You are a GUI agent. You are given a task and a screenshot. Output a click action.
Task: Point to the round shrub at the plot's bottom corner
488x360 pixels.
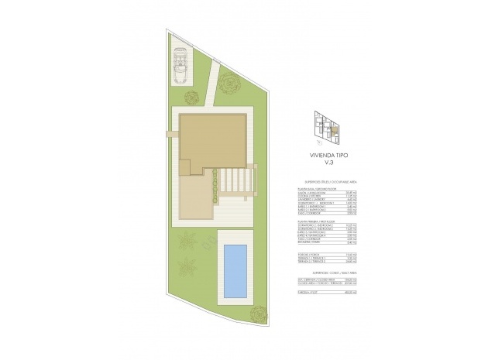pos(257,314)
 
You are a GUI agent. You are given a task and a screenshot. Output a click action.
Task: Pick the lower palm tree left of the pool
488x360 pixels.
pos(185,269)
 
